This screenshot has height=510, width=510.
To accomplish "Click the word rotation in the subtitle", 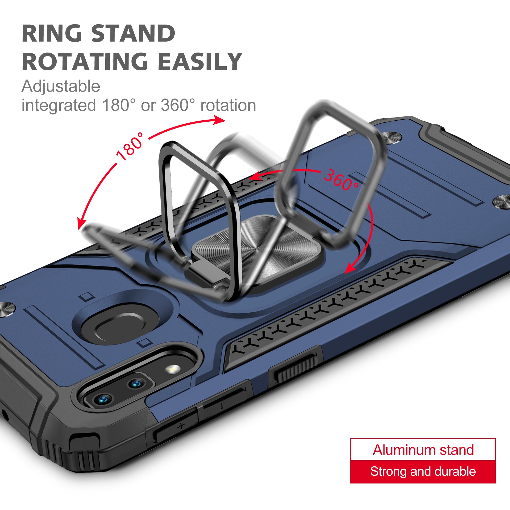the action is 228,105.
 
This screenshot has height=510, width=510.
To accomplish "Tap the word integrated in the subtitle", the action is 59,106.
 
